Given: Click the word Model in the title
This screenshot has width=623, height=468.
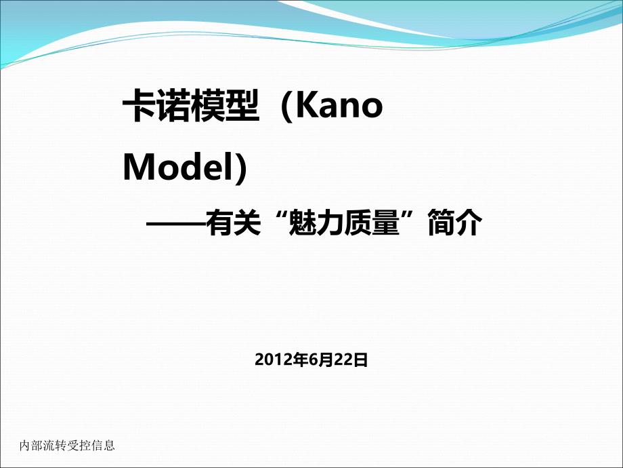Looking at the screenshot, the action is pyautogui.click(x=178, y=167).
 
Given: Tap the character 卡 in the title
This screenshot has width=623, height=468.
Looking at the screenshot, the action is pyautogui.click(x=138, y=105).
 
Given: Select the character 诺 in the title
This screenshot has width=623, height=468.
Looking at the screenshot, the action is pyautogui.click(x=173, y=105).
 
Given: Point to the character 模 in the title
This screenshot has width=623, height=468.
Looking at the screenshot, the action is pyautogui.click(x=207, y=105).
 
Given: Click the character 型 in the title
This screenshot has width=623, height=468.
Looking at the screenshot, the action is pyautogui.click(x=242, y=105).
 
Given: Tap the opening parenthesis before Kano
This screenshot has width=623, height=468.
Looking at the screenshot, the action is pyautogui.click(x=287, y=106).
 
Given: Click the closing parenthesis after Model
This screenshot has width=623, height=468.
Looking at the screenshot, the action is pyautogui.click(x=241, y=168).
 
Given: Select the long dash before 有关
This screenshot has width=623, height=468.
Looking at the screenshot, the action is pyautogui.click(x=175, y=225).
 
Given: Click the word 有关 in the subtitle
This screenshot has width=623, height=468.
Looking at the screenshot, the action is pyautogui.click(x=233, y=223).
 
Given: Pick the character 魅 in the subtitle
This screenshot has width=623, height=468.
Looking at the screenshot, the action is pyautogui.click(x=303, y=223).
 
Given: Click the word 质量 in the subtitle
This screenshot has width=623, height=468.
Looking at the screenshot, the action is pyautogui.click(x=372, y=223).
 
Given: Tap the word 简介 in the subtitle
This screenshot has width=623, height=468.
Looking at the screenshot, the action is pyautogui.click(x=455, y=223).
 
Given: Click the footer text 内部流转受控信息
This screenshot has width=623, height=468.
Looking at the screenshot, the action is pyautogui.click(x=67, y=446).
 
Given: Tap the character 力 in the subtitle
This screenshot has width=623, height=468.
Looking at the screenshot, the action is pyautogui.click(x=330, y=223).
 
